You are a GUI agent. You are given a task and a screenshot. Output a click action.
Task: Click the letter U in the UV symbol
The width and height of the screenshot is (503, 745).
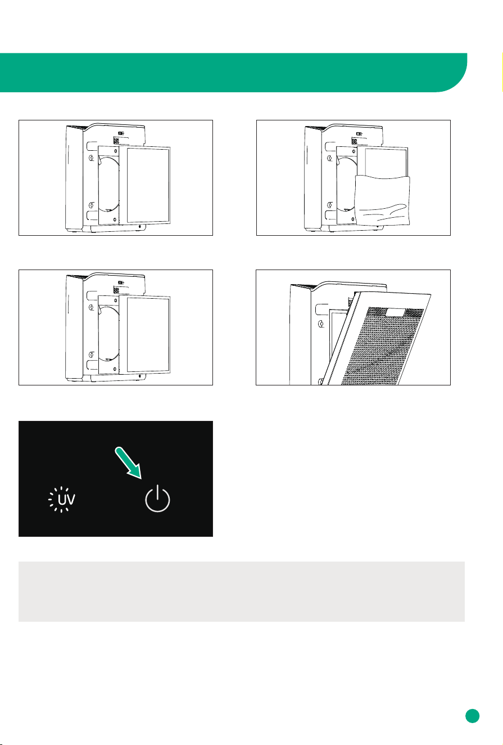click(62, 499)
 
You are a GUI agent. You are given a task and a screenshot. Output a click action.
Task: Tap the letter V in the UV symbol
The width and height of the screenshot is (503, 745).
click(71, 499)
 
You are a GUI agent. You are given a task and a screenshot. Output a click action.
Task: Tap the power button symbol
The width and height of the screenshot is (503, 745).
click(157, 499)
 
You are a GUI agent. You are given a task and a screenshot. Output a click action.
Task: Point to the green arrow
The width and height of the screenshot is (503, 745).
click(128, 463)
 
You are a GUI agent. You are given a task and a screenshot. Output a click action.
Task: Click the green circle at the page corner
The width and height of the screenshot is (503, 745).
click(472, 716)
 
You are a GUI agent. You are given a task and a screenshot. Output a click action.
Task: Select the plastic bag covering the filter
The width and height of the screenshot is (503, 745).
click(382, 200)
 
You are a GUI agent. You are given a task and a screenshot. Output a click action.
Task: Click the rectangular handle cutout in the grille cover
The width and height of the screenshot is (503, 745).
click(395, 312)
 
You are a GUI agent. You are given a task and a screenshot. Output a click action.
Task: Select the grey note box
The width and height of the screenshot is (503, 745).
click(242, 591)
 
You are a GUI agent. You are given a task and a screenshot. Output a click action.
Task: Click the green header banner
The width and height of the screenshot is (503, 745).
click(234, 73)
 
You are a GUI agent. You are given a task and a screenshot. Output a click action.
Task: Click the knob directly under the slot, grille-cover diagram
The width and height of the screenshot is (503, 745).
click(321, 324)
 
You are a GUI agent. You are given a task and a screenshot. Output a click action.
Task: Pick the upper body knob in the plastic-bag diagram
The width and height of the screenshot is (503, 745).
click(329, 158)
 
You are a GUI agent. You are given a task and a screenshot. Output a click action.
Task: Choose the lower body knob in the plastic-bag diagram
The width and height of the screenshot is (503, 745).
click(330, 205)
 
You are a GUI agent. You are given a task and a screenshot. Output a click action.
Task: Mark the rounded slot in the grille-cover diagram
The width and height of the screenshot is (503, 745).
click(321, 309)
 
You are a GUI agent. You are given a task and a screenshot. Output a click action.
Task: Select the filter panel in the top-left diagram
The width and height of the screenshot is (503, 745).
click(145, 185)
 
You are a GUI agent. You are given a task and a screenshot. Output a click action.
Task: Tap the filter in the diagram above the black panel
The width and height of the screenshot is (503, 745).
click(145, 334)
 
